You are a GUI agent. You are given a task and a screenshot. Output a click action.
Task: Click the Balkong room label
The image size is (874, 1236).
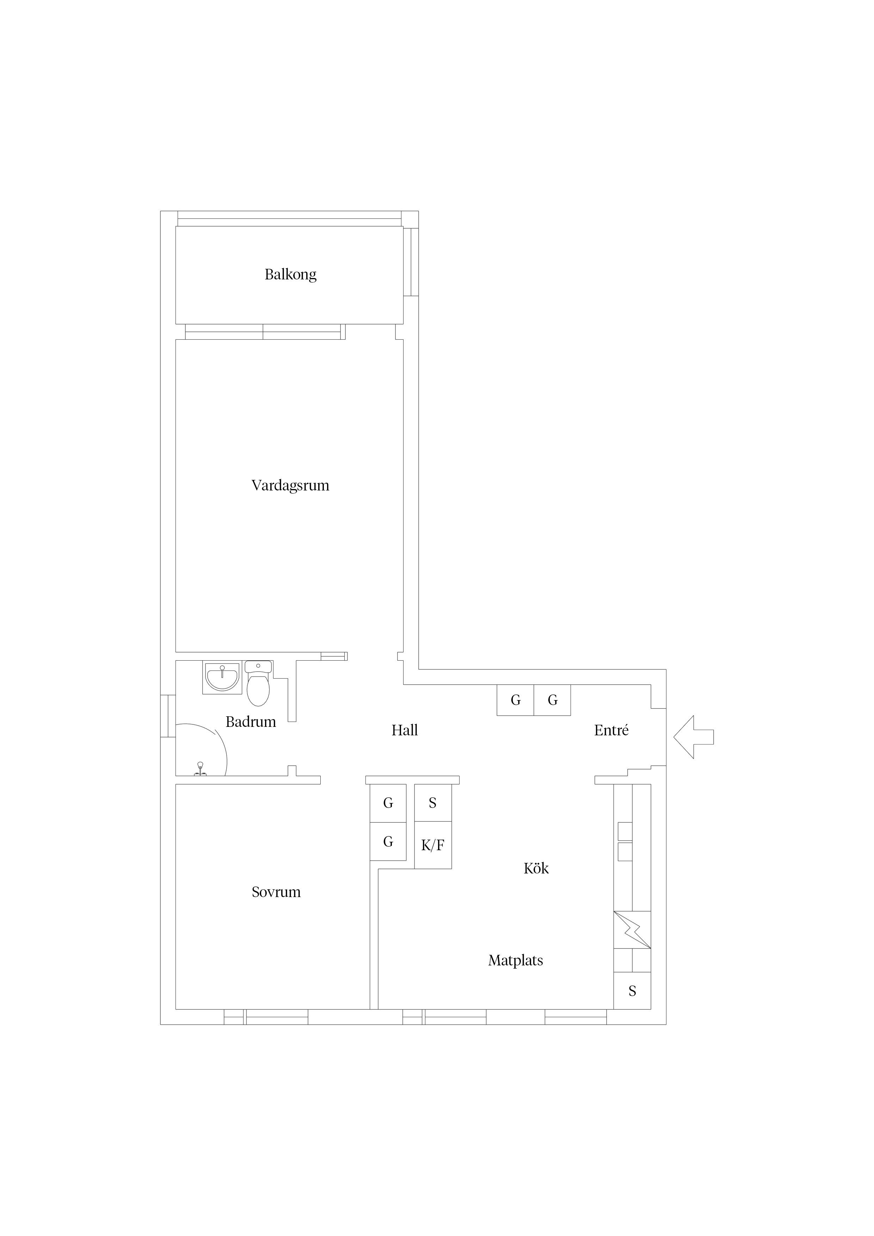290,274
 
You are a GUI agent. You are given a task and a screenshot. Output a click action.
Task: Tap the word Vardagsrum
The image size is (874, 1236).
290,486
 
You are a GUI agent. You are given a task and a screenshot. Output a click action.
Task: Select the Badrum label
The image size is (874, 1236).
251,722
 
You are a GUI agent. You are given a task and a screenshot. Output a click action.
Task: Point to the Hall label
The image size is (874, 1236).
405,730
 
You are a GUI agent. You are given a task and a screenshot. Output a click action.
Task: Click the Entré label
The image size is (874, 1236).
611,730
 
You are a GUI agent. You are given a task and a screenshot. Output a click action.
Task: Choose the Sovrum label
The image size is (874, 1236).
276,892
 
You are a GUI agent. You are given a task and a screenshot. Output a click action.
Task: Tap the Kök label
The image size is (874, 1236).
536,868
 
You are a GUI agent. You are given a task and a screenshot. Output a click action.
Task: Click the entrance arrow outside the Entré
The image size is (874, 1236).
694,737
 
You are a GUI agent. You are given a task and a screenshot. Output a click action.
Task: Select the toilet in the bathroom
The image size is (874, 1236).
258,683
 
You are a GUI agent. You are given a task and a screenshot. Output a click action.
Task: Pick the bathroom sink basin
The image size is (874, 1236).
222,678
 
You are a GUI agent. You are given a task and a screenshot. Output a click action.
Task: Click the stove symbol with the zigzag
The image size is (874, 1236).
633,930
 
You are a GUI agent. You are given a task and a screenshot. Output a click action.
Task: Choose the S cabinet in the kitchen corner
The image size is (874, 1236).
633,990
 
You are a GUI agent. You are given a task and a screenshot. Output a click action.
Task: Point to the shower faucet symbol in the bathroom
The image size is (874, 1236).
200,769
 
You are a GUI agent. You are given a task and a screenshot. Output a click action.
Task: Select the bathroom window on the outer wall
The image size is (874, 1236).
168,716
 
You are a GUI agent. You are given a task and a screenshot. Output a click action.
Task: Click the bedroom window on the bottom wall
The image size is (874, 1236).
266,1017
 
